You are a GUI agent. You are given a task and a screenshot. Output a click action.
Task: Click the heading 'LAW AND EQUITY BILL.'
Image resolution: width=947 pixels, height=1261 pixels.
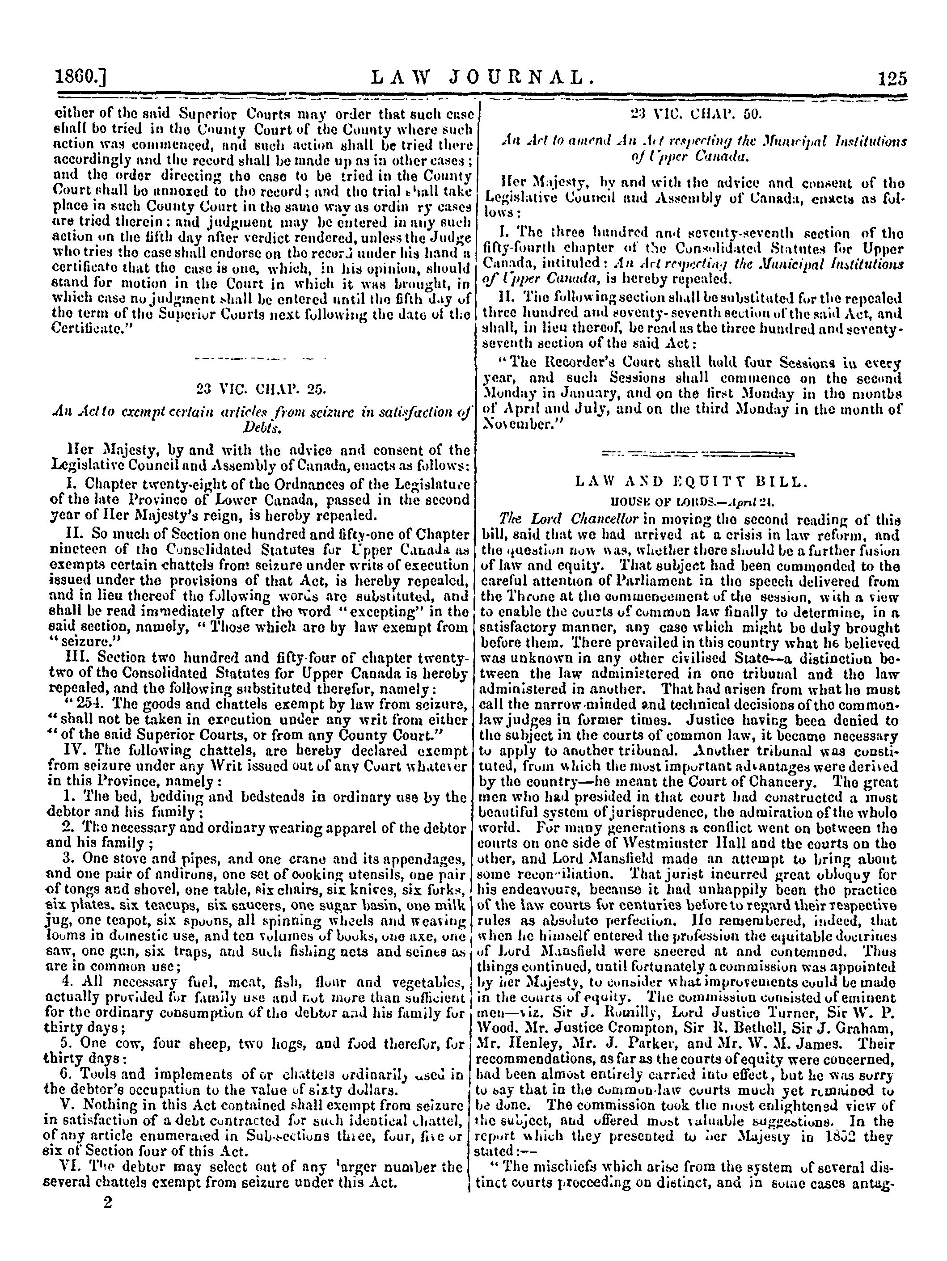[692, 483]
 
